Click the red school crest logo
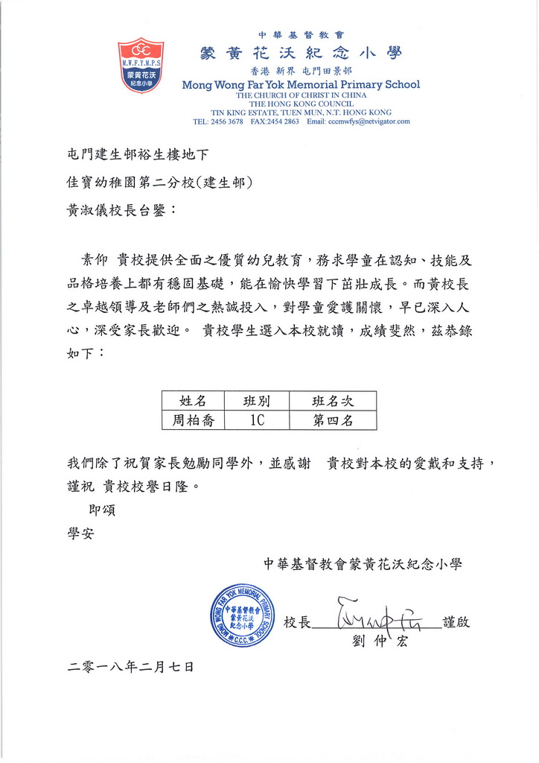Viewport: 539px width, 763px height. pyautogui.click(x=141, y=65)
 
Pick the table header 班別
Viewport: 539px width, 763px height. pyautogui.click(x=256, y=402)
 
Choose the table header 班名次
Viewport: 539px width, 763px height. pyautogui.click(x=333, y=402)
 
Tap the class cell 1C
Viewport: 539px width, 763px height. pyautogui.click(x=256, y=420)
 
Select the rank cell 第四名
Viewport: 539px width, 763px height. pyautogui.click(x=333, y=420)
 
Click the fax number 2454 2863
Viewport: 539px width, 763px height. pyautogui.click(x=284, y=121)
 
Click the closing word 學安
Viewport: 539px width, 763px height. pyautogui.click(x=80, y=534)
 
